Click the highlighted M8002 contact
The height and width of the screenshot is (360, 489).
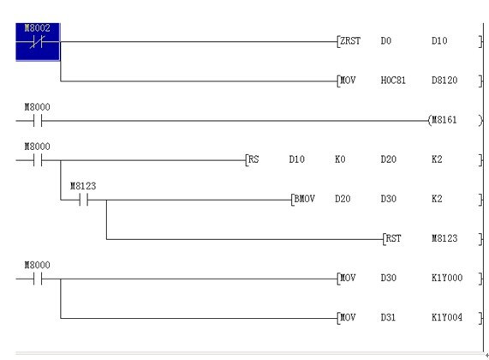coord(38,41)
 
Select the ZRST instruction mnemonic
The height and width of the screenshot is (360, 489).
coord(350,41)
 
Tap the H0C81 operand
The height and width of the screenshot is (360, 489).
coord(393,81)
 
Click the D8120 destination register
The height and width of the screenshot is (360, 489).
coord(444,81)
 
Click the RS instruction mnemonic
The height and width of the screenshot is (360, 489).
coord(253,159)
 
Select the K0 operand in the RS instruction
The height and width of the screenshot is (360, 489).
coord(340,159)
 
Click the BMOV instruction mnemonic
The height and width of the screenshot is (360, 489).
coord(304,199)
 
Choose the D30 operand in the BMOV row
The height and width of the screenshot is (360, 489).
coord(388,199)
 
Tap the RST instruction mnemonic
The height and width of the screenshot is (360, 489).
coord(393,238)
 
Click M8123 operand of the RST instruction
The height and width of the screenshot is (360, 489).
coord(444,238)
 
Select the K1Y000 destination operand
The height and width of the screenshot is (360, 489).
coord(447,278)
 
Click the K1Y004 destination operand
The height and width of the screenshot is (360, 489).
coord(447,317)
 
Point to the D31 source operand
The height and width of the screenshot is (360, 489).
coord(388,317)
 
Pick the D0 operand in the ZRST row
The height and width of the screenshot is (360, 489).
coord(385,41)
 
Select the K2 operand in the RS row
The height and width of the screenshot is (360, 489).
coord(437,159)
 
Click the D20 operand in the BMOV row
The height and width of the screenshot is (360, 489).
coord(343,199)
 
